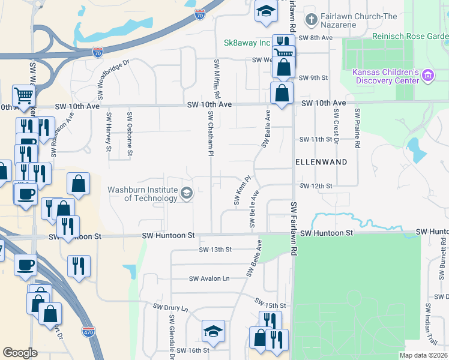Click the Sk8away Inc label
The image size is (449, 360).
pos(247,43)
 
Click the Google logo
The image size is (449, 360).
pos(20,352)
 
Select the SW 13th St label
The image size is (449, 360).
pos(214,249)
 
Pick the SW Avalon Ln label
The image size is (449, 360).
pos(209,278)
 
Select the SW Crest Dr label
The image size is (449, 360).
pos(336,127)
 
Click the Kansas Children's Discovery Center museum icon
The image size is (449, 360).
pos(427,76)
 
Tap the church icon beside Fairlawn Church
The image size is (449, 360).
pos(311,20)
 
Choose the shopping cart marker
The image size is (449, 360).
pos(23,95)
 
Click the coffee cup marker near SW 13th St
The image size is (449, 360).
pos(25,265)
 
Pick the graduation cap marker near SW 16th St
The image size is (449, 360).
pos(213,331)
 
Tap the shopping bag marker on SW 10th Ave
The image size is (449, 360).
pos(282,93)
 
